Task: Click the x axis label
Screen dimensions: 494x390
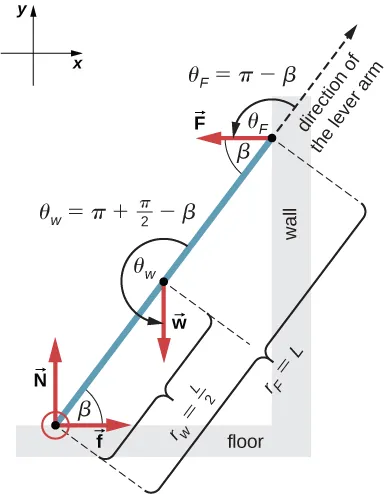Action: (x=77, y=62)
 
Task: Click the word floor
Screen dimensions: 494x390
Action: (x=244, y=440)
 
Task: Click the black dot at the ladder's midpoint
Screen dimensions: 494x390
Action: (x=163, y=283)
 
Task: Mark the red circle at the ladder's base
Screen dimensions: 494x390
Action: (x=55, y=426)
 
